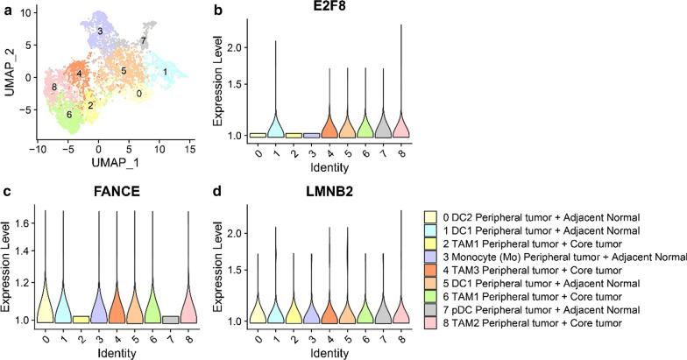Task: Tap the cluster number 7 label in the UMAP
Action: click(x=143, y=41)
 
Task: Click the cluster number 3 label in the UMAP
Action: click(x=101, y=32)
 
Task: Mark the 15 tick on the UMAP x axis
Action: click(x=188, y=151)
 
